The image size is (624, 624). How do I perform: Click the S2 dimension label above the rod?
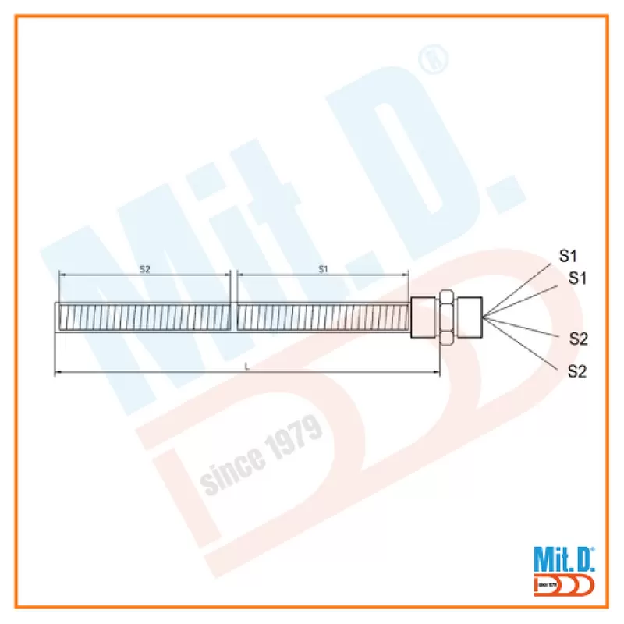coord(145,269)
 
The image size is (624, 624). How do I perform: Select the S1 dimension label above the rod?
coord(323,269)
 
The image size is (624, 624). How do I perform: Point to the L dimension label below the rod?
coord(246,367)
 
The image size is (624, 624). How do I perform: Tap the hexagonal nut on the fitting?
coord(446,317)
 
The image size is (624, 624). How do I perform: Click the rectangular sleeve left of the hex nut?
coord(424,317)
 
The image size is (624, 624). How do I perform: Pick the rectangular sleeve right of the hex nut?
coord(470,317)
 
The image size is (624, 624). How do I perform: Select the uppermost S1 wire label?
coord(568,256)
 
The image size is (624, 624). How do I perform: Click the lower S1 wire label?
coord(577,278)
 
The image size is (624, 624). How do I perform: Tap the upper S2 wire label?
coord(578,339)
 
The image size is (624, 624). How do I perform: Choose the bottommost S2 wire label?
coord(577,371)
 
